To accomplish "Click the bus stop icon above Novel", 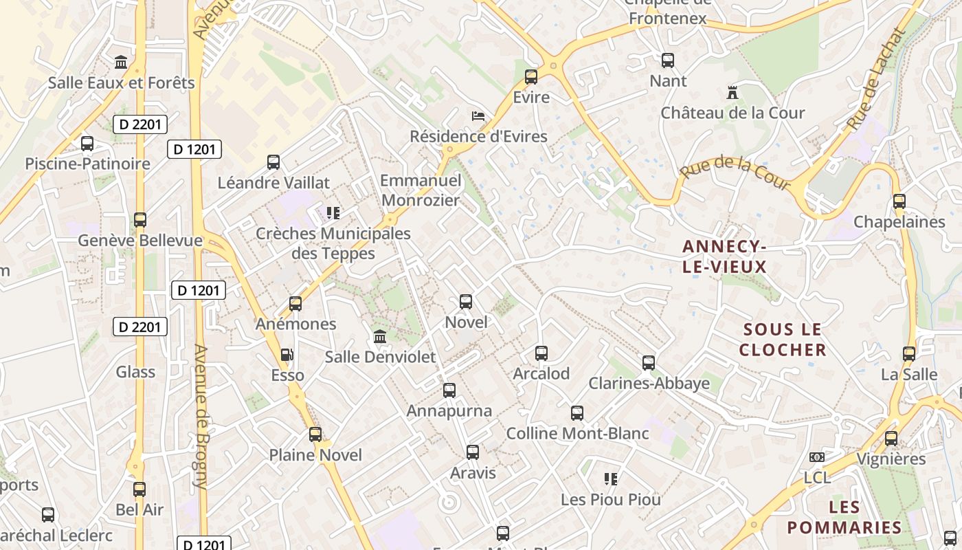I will (466, 302).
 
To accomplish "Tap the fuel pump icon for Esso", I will (287, 355).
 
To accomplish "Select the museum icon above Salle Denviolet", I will (379, 337).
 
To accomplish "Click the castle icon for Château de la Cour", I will (732, 92).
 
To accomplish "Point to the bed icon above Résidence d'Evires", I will (478, 115).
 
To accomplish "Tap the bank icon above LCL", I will (816, 457).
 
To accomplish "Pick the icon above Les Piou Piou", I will (610, 478).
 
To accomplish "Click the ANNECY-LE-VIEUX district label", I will (724, 256).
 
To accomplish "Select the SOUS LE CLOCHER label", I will (783, 340).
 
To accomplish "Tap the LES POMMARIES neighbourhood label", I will (844, 518).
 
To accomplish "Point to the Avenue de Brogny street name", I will (200, 416).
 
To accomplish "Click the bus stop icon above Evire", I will (531, 77).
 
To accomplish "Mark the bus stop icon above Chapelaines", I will (899, 201).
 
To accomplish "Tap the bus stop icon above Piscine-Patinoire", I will (87, 144).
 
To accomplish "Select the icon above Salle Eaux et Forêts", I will (122, 63).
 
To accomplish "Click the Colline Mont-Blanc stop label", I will (577, 434).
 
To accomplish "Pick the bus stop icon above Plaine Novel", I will (315, 434).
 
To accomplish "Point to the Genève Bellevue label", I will (140, 241).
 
